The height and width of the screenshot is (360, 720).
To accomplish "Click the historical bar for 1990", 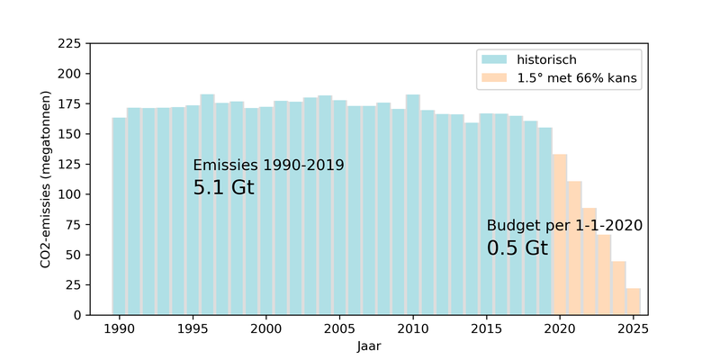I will coord(119,216).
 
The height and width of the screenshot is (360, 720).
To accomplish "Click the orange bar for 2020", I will coord(560,234).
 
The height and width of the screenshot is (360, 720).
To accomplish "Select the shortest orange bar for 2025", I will coord(634,301).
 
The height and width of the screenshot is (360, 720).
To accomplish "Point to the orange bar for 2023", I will coord(604,274).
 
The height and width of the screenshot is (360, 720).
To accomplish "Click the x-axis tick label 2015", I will coord(487,328).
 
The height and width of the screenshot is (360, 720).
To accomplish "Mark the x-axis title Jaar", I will coord(369,345).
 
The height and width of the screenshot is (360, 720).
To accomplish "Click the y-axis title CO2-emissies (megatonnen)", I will coord(45,179).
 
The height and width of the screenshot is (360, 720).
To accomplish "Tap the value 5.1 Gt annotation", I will coord(224,188).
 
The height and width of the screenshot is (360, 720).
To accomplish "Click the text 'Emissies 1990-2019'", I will coord(268,166).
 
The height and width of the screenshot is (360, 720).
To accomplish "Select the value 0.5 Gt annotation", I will coord(517,248).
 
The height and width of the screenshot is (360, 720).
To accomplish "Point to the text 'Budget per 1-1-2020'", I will coord(564,225).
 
